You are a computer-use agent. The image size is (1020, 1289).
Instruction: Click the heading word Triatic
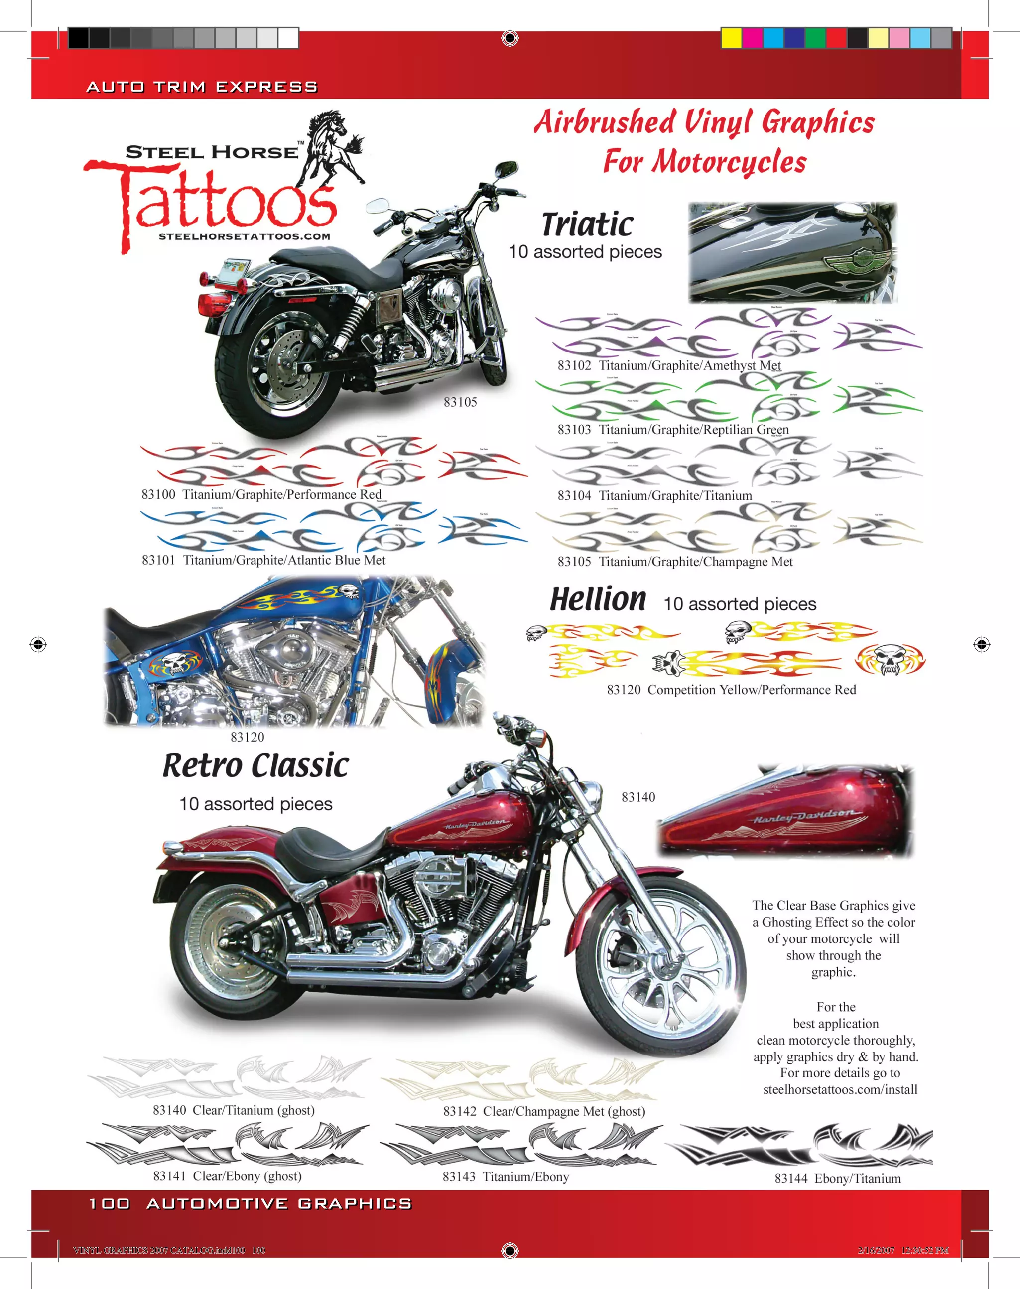pyautogui.click(x=587, y=225)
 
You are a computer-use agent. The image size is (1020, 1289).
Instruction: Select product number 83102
pyautogui.click(x=574, y=365)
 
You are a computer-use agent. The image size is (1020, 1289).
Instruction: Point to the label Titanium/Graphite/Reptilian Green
pyautogui.click(x=693, y=430)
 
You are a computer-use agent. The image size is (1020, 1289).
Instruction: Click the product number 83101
pyautogui.click(x=158, y=560)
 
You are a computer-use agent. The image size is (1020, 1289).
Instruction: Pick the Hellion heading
pyautogui.click(x=597, y=599)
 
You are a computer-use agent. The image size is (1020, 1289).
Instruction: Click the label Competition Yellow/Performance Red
pyautogui.click(x=751, y=690)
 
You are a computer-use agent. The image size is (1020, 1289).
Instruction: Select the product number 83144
pyautogui.click(x=791, y=1178)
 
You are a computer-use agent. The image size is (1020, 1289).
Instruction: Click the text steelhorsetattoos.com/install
pyautogui.click(x=840, y=1089)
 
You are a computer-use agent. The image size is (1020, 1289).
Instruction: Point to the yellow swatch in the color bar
pyautogui.click(x=731, y=38)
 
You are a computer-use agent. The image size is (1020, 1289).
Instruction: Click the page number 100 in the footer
pyautogui.click(x=109, y=1204)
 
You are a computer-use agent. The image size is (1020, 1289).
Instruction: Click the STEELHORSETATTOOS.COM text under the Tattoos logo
pyautogui.click(x=244, y=236)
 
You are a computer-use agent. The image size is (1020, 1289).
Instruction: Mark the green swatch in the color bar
pyautogui.click(x=815, y=38)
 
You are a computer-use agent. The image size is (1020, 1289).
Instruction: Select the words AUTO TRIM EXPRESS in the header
pyautogui.click(x=202, y=87)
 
